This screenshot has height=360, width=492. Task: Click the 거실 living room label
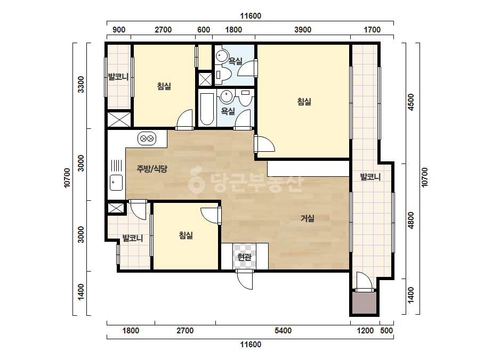(308, 218)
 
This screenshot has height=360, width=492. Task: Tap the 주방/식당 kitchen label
(152, 169)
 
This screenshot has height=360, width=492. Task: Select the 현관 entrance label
(245, 257)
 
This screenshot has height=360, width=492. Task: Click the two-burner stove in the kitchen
(147, 138)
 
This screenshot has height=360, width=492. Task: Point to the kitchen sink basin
(116, 183)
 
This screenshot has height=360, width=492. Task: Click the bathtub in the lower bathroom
(207, 109)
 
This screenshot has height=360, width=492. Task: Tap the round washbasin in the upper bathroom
(222, 56)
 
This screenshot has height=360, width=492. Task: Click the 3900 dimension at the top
(303, 30)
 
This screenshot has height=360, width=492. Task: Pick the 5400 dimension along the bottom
(283, 331)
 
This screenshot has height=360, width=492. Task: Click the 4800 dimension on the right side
(411, 221)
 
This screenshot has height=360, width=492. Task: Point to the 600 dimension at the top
(204, 30)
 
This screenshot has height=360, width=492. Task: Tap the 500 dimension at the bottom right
(386, 331)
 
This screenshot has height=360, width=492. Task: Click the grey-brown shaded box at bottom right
(364, 303)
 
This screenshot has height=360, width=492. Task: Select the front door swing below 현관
(245, 279)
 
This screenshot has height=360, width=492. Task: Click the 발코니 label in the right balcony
(370, 177)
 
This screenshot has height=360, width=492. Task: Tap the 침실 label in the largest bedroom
(304, 102)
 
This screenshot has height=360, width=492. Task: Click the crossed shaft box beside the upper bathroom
(205, 79)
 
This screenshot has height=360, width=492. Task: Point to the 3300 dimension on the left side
(81, 84)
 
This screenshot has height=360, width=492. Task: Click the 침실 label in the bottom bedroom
(185, 235)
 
